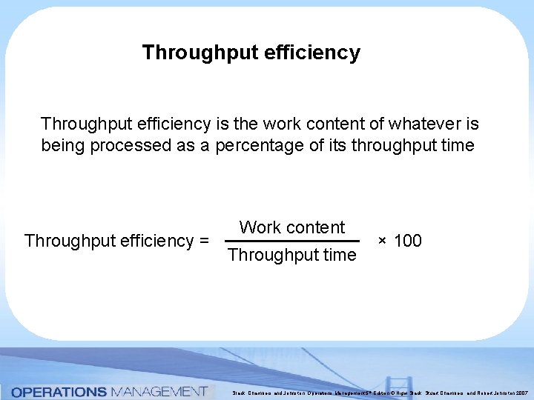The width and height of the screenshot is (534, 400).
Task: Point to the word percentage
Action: click(260, 145)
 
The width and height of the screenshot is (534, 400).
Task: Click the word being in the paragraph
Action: click(63, 145)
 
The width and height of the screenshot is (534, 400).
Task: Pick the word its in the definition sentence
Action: click(335, 145)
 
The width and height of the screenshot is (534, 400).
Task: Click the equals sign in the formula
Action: click(203, 241)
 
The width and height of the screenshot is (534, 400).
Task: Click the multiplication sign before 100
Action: click(382, 241)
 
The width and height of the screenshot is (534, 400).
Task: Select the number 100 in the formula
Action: click(407, 241)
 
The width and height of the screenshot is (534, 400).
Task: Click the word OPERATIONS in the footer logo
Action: click(59, 391)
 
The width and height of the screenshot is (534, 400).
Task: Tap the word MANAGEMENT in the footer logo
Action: click(158, 391)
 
